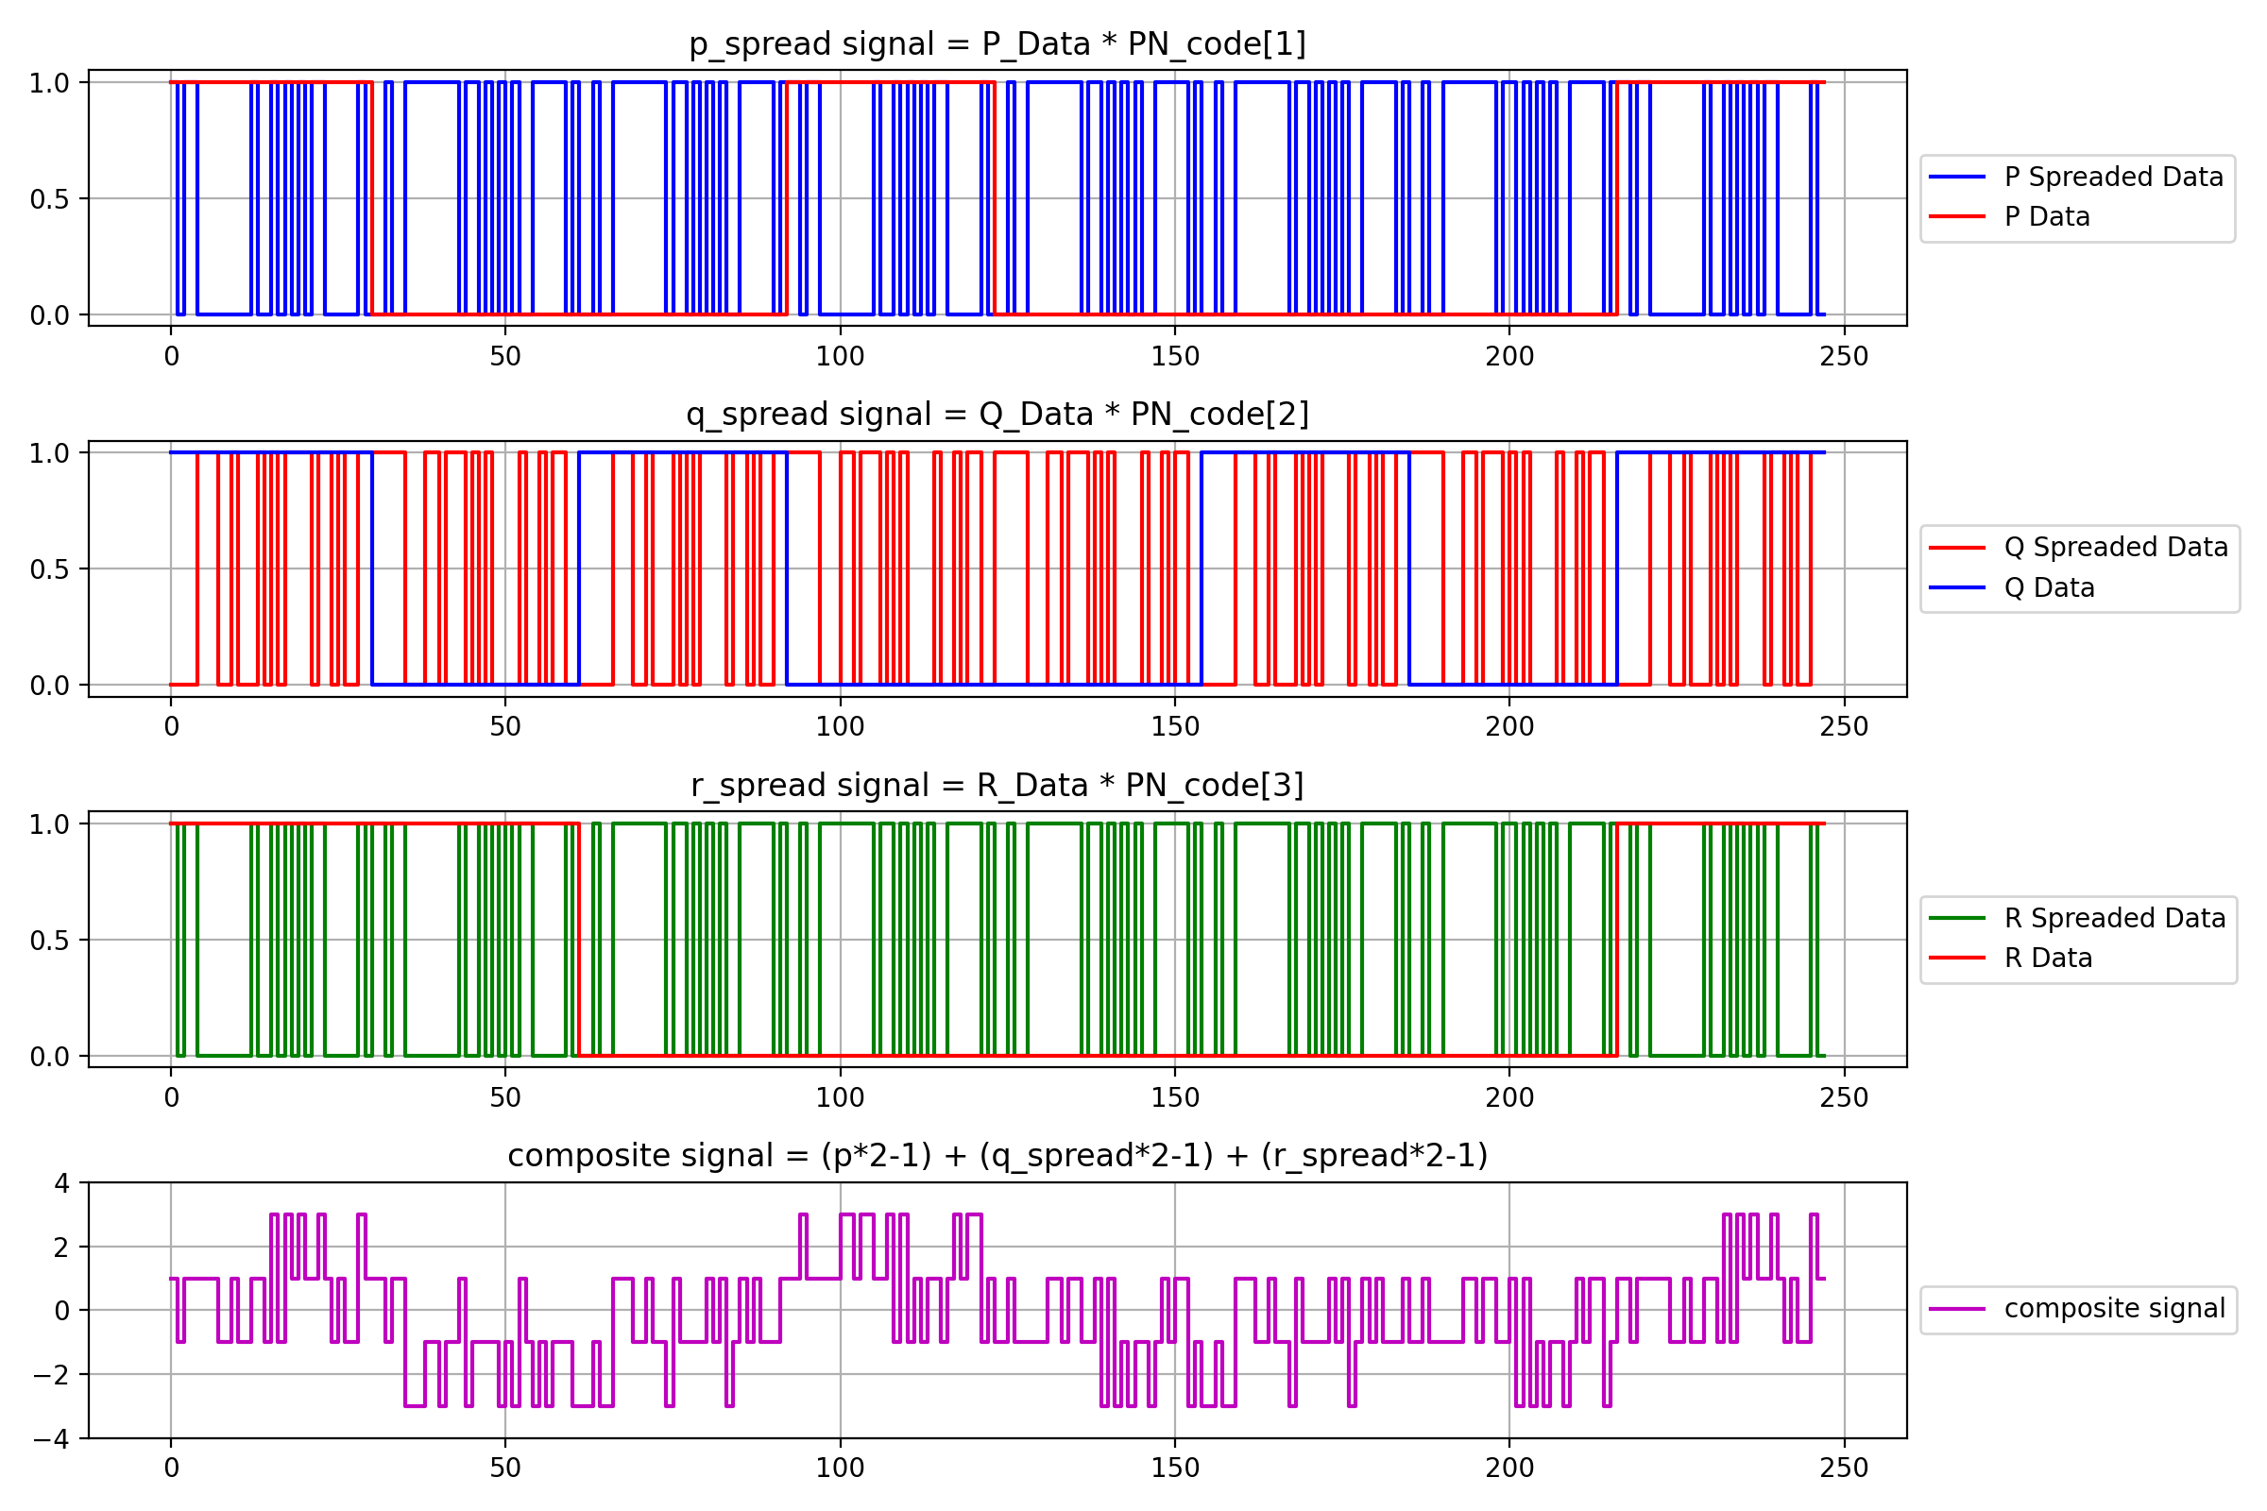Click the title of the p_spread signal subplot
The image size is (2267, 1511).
[x=997, y=44]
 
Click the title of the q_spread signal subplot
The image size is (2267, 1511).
[x=997, y=415]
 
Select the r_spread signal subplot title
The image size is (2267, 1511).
[x=997, y=786]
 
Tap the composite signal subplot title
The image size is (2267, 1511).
[x=997, y=1155]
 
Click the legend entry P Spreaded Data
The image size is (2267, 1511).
[x=2113, y=178]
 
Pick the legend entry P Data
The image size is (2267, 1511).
[x=2046, y=217]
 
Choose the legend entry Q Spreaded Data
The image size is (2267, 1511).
[x=2116, y=548]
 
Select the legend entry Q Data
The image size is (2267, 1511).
[x=2049, y=587]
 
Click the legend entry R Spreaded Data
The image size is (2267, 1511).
[x=2115, y=918]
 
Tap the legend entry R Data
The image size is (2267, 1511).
[x=2047, y=958]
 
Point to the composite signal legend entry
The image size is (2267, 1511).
[x=2115, y=1309]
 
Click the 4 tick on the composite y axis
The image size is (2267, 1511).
[x=61, y=1183]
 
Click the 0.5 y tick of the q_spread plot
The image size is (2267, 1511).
[x=49, y=569]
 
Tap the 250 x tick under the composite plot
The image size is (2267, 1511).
[x=1844, y=1469]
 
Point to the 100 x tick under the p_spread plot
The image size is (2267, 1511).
[x=840, y=357]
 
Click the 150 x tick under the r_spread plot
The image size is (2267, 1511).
[x=1175, y=1097]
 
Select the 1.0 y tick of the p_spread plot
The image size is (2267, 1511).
[x=49, y=84]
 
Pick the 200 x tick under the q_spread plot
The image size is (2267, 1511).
[x=1509, y=727]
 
